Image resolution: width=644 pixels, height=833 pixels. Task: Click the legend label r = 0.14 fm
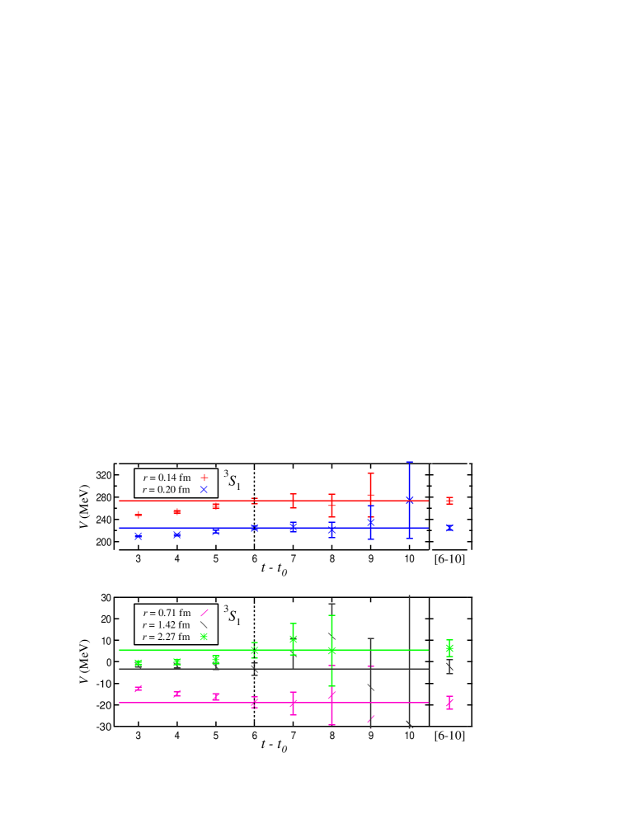167,478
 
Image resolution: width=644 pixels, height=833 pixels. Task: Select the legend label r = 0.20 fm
167,490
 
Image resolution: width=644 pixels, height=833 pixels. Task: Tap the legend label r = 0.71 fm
167,613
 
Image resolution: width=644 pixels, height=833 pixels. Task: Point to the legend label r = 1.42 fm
167,625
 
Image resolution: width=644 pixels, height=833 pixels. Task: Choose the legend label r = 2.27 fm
167,637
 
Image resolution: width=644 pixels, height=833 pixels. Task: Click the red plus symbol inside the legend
204,478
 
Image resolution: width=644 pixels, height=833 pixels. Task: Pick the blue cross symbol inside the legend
204,490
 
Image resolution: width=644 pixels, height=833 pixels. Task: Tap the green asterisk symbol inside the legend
204,637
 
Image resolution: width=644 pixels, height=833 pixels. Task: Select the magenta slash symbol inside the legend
204,613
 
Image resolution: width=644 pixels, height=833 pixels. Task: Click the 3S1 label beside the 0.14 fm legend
233,480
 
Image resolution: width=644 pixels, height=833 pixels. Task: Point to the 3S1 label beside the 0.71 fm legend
233,615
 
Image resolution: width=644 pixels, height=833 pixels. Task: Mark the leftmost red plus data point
139,515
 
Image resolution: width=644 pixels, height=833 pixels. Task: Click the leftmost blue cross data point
139,536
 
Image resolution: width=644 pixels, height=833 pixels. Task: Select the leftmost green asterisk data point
139,662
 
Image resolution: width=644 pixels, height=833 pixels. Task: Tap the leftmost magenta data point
139,689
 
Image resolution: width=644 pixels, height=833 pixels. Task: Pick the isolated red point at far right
449,501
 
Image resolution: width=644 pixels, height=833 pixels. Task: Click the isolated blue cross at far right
449,528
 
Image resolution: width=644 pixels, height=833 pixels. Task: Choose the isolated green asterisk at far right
449,648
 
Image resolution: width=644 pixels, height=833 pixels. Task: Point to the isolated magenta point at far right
449,703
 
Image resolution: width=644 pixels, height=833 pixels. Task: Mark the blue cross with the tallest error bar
409,500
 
